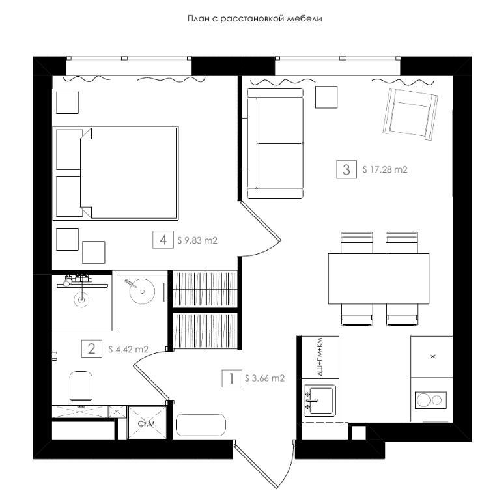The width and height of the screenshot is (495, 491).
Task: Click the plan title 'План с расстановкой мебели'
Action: [255, 18]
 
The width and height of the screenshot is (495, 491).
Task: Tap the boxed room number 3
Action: [346, 169]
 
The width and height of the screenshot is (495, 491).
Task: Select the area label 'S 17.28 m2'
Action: [385, 169]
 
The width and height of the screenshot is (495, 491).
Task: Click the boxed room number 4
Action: [163, 240]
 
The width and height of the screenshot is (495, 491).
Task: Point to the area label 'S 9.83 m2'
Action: [197, 240]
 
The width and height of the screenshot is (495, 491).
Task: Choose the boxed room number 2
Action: [92, 348]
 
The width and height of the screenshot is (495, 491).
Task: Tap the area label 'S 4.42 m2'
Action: [128, 349]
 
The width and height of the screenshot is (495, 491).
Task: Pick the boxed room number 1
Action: [232, 378]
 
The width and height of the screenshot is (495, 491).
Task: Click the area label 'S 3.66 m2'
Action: [264, 378]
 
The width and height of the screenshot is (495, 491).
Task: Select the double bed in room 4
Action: [115, 173]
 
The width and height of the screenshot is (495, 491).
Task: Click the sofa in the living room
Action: [275, 143]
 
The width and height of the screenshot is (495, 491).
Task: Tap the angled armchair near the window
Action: [410, 114]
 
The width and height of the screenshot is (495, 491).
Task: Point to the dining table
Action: [378, 279]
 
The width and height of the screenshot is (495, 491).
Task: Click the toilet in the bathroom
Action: [81, 389]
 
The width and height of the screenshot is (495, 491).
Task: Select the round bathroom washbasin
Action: [142, 291]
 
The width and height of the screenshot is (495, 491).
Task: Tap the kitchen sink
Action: [319, 400]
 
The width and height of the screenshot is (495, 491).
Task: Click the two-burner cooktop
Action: [431, 400]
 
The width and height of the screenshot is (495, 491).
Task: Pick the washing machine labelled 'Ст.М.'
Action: [147, 423]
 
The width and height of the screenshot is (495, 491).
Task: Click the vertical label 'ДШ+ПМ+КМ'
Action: [320, 357]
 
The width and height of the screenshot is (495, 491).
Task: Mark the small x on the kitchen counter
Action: [433, 357]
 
